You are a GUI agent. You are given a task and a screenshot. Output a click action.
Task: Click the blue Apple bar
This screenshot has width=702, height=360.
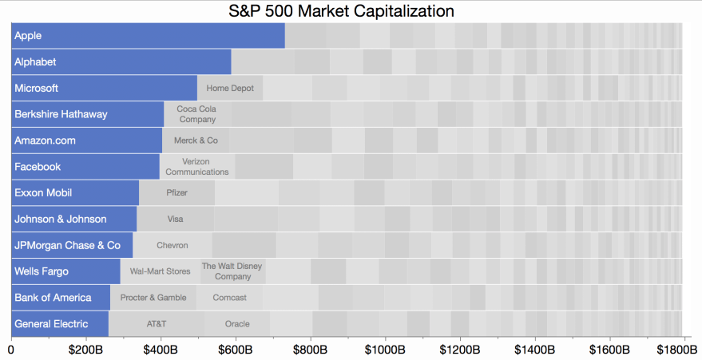148,36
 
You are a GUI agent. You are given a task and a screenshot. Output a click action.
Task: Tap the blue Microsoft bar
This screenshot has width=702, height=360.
105,88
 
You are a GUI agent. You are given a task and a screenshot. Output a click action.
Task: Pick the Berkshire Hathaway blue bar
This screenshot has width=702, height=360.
88,114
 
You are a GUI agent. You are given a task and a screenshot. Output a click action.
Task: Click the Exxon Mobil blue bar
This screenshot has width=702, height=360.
75,192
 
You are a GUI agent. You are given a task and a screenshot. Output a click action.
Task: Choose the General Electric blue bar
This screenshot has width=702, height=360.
60,324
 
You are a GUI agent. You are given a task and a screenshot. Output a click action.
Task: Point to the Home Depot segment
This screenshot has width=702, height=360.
230,88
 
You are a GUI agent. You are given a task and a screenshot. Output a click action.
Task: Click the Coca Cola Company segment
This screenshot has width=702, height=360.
197,114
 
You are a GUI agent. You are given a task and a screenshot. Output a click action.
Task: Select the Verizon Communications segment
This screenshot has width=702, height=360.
197,166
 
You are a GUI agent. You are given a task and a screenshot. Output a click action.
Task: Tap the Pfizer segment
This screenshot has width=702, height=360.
176,192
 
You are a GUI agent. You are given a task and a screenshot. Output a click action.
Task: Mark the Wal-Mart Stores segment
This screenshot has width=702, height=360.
160,271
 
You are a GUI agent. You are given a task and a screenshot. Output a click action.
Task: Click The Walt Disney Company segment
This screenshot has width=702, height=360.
232,271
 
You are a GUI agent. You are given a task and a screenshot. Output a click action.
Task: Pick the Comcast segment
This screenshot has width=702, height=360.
229,298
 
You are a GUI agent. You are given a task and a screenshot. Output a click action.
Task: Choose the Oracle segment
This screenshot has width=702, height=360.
237,324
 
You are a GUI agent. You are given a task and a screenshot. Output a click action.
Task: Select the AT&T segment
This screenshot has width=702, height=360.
157,324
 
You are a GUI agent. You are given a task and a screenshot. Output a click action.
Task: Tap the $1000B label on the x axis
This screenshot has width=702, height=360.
386,350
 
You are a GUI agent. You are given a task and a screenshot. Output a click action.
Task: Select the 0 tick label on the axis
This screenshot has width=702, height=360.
11,350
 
